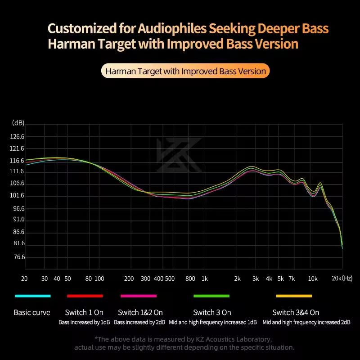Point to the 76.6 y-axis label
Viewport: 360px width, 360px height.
pyautogui.click(x=19, y=257)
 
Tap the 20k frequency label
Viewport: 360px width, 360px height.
pyautogui.click(x=337, y=279)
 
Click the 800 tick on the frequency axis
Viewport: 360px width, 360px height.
pyautogui.click(x=190, y=279)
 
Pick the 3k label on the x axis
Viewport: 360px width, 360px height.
pyautogui.click(x=256, y=279)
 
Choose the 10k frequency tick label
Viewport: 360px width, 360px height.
pyautogui.click(x=313, y=279)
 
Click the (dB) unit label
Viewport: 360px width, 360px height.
pyautogui.click(x=18, y=123)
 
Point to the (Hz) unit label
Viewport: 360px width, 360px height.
pyautogui.click(x=347, y=279)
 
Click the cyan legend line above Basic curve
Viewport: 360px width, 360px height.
pyautogui.click(x=32, y=296)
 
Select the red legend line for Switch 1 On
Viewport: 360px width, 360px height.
pyautogui.click(x=85, y=296)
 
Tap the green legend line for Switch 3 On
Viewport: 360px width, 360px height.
pyautogui.click(x=211, y=296)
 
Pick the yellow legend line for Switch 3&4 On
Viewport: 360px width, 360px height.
pyautogui.click(x=294, y=296)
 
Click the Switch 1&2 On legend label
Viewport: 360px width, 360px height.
pyautogui.click(x=140, y=312)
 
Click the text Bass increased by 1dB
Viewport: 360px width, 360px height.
pyautogui.click(x=84, y=322)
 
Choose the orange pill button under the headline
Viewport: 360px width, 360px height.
pyautogui.click(x=185, y=71)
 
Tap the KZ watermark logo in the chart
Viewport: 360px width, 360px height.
pyautogui.click(x=179, y=155)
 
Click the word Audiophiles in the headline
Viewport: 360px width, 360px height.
pyautogui.click(x=167, y=29)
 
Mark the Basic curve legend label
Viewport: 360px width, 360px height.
pyautogui.click(x=32, y=312)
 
